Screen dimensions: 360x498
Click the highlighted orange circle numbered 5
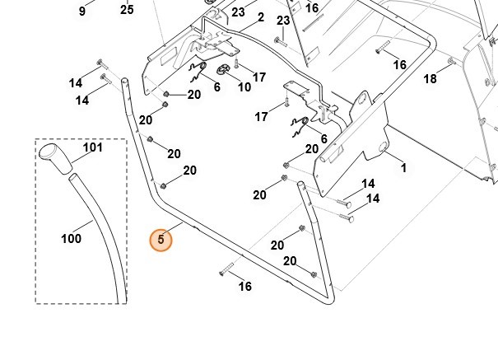point(161,241)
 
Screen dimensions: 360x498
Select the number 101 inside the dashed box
point(93,149)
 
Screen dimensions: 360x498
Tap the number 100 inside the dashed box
point(71,239)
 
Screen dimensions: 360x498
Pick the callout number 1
point(403,168)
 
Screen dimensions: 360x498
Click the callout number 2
point(260,17)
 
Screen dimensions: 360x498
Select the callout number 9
point(81,11)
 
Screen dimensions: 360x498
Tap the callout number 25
point(127,10)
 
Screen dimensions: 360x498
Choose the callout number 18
point(430,79)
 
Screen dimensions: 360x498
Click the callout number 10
point(244,86)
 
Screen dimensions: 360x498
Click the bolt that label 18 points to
point(450,62)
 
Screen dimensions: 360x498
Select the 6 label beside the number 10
point(217,86)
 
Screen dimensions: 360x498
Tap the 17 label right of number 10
point(259,77)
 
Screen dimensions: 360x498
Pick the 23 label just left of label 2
point(238,12)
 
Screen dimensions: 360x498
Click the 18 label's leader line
point(440,70)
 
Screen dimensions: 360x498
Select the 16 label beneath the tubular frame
point(244,287)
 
